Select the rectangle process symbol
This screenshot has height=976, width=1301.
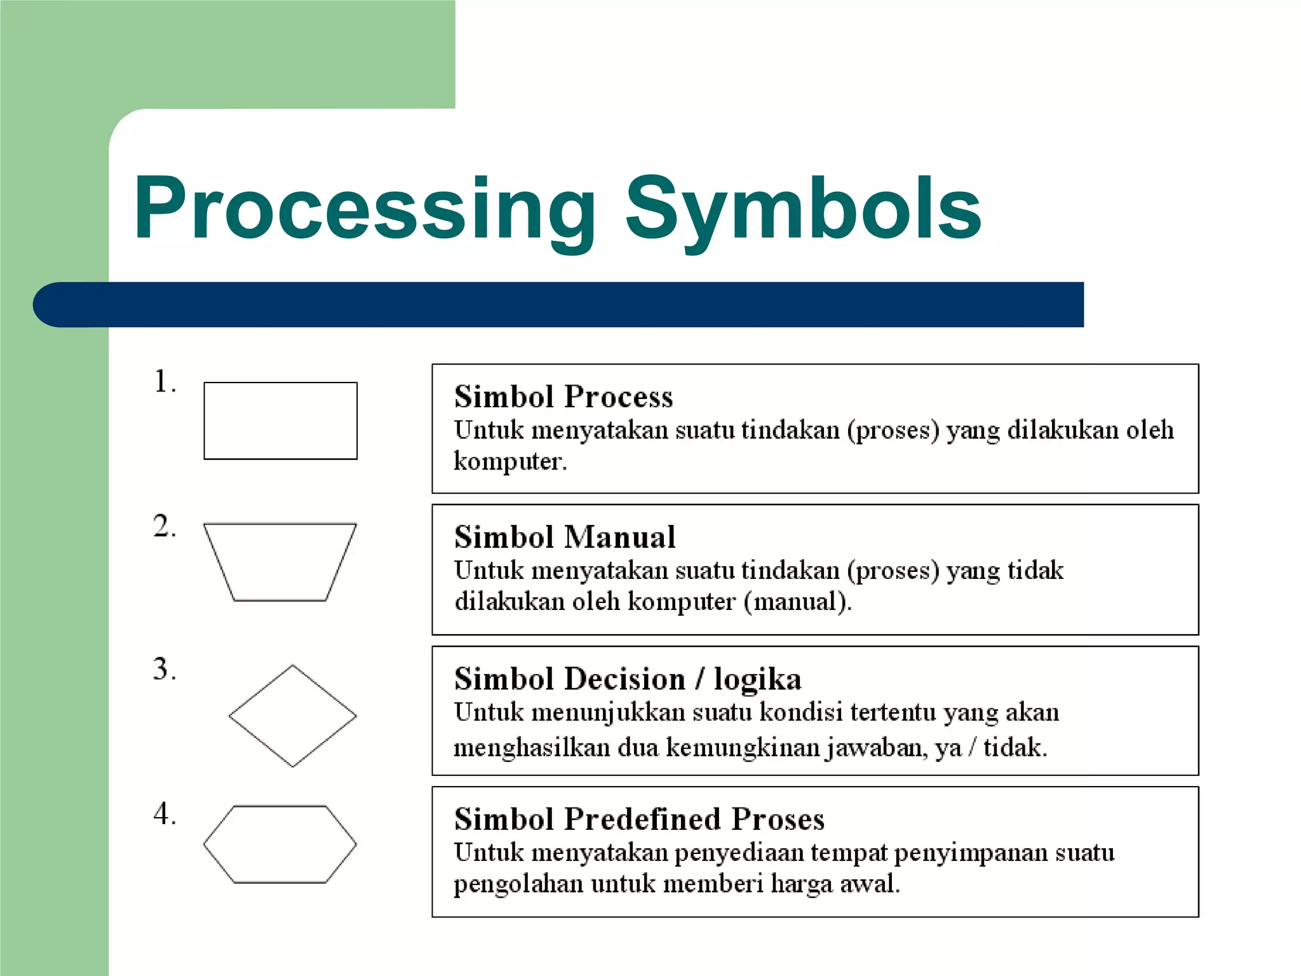280,421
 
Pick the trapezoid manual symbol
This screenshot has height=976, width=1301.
280,562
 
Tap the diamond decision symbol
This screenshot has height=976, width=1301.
292,716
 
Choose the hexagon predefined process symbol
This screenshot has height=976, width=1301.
280,844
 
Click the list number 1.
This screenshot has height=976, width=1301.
164,382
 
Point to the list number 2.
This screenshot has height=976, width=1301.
164,527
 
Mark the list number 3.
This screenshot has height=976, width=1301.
164,669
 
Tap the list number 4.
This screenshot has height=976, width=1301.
164,814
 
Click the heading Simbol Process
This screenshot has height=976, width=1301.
563,396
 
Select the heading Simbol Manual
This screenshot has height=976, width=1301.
565,537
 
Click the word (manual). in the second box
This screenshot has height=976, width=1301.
798,601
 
